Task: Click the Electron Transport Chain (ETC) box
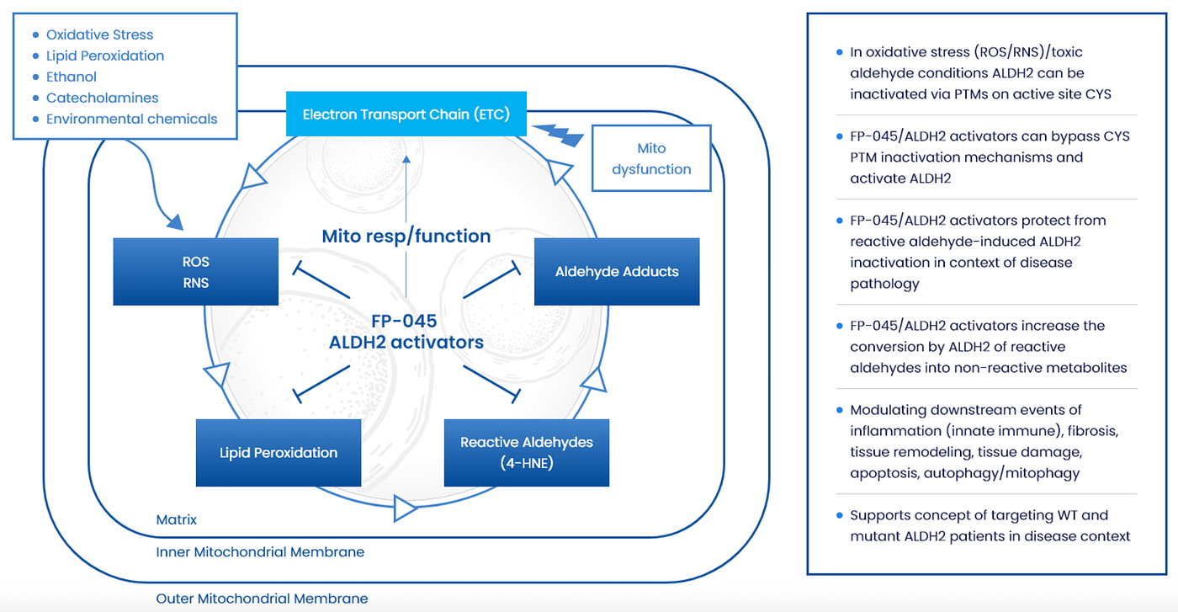tap(406, 114)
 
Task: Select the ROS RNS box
tap(195, 272)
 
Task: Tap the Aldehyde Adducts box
tap(617, 272)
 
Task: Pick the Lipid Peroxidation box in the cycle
tap(279, 453)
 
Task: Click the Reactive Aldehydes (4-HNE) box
tap(527, 453)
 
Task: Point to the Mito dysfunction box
tap(651, 158)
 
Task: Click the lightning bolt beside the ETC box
tap(559, 135)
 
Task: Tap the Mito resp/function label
tap(406, 236)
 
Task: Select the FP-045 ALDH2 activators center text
tap(406, 332)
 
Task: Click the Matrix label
tap(176, 520)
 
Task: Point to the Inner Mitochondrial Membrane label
tap(260, 552)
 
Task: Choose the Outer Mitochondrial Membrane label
tap(262, 599)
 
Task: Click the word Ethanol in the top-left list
tap(71, 77)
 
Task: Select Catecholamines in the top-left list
tap(102, 98)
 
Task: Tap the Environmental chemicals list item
tap(131, 119)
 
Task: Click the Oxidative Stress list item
tap(99, 35)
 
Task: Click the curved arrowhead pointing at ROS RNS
tap(176, 222)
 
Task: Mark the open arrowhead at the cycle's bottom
tap(405, 508)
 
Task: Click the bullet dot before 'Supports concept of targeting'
tap(840, 515)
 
